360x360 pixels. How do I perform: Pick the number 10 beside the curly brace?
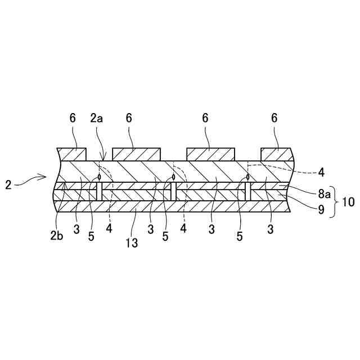pos(349,201)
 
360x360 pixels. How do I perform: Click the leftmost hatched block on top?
pos(72,154)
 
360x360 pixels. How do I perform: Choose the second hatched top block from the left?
pos(137,154)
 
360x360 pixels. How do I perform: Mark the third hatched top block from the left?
pos(210,154)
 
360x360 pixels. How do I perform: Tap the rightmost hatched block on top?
pos(277,154)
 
